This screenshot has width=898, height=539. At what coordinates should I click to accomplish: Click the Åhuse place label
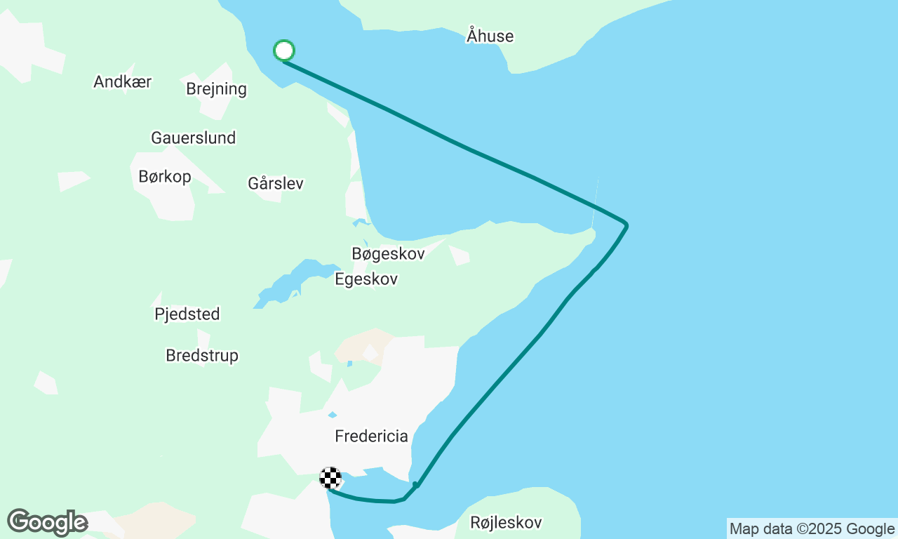490,36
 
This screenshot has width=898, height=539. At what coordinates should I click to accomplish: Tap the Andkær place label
123,81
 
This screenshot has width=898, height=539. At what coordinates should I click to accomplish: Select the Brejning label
216,89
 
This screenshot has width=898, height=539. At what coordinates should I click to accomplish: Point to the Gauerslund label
193,138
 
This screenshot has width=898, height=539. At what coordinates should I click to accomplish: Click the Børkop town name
165,177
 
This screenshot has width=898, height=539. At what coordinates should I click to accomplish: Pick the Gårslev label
276,184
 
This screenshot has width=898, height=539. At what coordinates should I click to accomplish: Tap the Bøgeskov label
388,253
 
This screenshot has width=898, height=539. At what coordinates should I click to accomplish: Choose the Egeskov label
366,279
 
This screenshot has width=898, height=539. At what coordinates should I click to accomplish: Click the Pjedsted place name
187,314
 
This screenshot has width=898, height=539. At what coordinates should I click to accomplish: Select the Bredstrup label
202,356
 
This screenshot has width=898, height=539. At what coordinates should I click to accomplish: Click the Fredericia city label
371,437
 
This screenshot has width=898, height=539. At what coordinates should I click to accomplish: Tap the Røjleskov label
506,523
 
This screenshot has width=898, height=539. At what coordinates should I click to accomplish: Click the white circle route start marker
284,51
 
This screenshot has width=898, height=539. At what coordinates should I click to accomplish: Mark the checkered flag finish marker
330,478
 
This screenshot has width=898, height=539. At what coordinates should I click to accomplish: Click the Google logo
47,522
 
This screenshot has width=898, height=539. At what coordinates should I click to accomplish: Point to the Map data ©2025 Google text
812,529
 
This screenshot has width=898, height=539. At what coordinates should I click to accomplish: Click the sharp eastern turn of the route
626,225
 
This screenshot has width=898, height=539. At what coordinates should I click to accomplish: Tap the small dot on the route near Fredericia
415,485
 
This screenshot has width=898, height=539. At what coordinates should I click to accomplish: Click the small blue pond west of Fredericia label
332,415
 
